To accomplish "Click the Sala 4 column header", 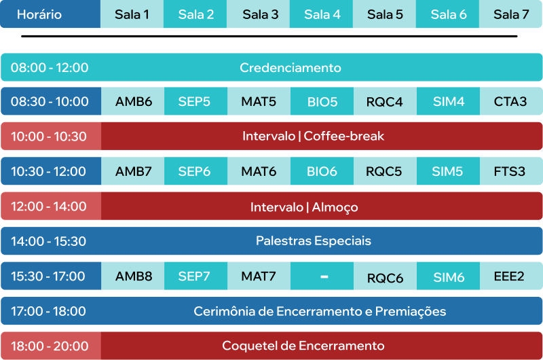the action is click(x=321, y=14).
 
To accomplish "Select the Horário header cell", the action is click(x=50, y=14).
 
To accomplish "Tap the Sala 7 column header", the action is click(x=511, y=14).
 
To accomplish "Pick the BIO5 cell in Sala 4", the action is click(x=322, y=101).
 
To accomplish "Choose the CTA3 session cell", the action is click(x=511, y=101).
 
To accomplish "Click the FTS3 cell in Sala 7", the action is click(x=511, y=171).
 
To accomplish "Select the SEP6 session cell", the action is click(x=195, y=171).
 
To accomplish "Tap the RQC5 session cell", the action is click(x=385, y=171).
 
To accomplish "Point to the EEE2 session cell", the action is click(x=511, y=276).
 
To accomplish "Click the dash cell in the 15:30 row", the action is click(x=322, y=276).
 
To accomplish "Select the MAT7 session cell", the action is click(x=259, y=276).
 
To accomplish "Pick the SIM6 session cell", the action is click(x=448, y=276).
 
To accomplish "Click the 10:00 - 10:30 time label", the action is click(x=48, y=137).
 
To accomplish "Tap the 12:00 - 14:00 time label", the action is click(x=48, y=206).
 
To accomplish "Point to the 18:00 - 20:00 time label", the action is click(x=50, y=346).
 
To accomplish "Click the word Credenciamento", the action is click(x=291, y=67).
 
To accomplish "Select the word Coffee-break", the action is click(x=344, y=136).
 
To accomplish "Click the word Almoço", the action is click(x=335, y=208).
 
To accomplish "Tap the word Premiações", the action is click(x=411, y=312).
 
